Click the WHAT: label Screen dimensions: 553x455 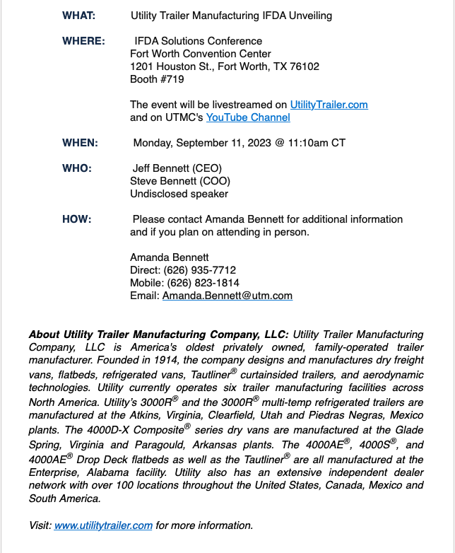pyautogui.click(x=79, y=16)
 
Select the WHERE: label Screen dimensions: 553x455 pyautogui.click(x=83, y=41)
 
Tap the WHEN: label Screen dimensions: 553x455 pyautogui.click(x=80, y=143)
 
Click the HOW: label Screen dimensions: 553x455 pyautogui.click(x=76, y=219)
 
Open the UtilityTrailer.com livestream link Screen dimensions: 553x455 pyautogui.click(x=329, y=105)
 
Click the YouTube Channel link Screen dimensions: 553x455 pyautogui.click(x=247, y=117)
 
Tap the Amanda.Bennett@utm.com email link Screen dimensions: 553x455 pyautogui.click(x=227, y=296)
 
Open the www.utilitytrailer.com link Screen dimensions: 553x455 pyautogui.click(x=103, y=525)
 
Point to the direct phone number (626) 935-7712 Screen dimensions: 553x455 pyautogui.click(x=200, y=270)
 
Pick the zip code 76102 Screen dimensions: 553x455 pyautogui.click(x=304, y=66)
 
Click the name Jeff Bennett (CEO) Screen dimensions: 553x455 pyautogui.click(x=177, y=168)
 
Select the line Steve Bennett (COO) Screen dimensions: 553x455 pyautogui.click(x=180, y=181)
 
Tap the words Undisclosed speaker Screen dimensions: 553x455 pyautogui.click(x=179, y=194)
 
